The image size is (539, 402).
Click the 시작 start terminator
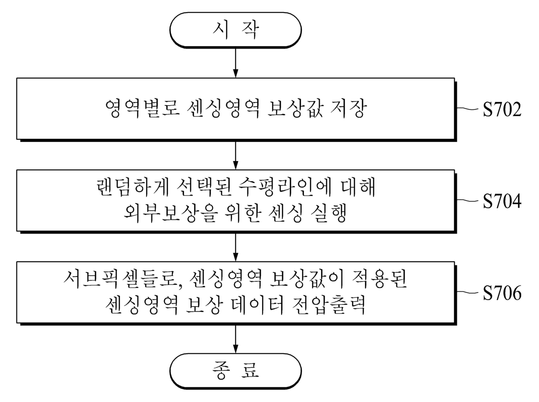pyautogui.click(x=235, y=30)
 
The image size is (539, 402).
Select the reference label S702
pyautogui.click(x=502, y=110)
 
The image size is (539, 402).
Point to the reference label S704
pyautogui.click(x=502, y=202)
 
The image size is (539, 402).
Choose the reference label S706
pyautogui.click(x=502, y=293)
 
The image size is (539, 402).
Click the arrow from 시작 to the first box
pyautogui.click(x=235, y=63)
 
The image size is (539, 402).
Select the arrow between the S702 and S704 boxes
pyautogui.click(x=235, y=155)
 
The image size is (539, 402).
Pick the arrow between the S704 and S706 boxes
pyautogui.click(x=235, y=247)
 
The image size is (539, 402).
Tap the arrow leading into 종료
pyautogui.click(x=235, y=339)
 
